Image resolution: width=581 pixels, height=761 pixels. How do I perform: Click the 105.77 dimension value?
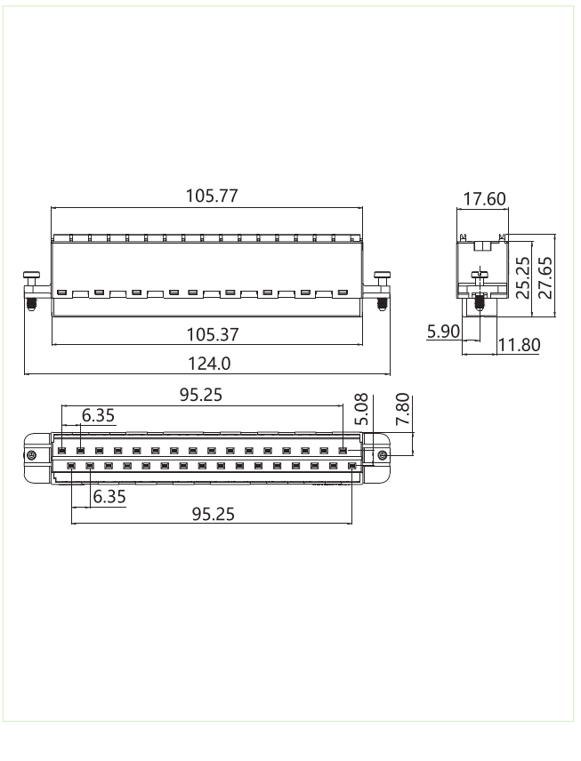(x=212, y=196)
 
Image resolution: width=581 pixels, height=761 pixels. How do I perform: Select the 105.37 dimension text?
(x=212, y=334)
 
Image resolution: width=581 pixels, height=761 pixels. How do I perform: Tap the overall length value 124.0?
(x=208, y=363)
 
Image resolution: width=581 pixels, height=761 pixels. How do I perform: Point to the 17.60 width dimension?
(x=484, y=199)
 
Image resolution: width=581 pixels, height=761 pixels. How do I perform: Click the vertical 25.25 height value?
(x=523, y=276)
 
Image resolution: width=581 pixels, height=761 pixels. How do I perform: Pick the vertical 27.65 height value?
(x=545, y=276)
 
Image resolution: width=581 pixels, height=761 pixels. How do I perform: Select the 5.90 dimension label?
(x=443, y=332)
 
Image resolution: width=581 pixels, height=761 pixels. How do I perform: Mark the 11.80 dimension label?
(x=519, y=345)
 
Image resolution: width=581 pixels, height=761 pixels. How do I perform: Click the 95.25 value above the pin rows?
(x=201, y=395)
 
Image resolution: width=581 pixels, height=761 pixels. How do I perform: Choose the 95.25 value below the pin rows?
(x=214, y=514)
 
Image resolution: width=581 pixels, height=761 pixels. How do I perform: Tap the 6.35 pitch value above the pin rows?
(x=98, y=415)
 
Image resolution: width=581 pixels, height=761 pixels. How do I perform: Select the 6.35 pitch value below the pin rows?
(x=109, y=496)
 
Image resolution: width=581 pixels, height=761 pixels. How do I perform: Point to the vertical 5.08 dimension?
(x=360, y=411)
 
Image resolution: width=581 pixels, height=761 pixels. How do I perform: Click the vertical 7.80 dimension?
(x=403, y=412)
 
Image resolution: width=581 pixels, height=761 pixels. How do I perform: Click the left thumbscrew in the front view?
(x=31, y=290)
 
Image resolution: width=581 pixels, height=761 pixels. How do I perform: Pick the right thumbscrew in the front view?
(x=382, y=290)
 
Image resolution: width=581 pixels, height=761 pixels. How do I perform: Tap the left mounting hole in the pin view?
(x=32, y=456)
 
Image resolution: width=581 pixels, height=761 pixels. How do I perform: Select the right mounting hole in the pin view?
(x=382, y=456)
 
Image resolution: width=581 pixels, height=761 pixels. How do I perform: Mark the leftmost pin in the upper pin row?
(x=61, y=451)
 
